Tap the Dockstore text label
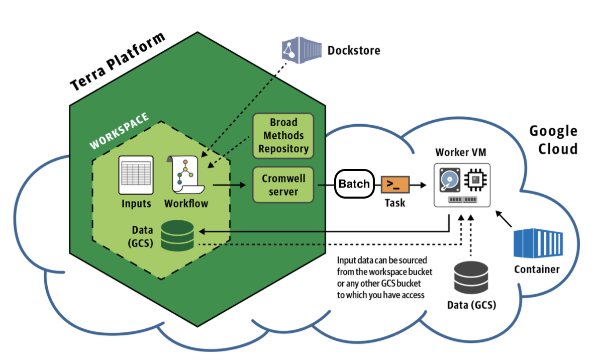click(353, 50)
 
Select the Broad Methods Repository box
click(282, 135)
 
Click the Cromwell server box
click(282, 185)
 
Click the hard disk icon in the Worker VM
click(449, 179)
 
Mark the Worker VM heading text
click(461, 152)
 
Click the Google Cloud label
click(553, 140)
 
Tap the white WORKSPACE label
click(119, 130)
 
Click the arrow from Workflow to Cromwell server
click(230, 186)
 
